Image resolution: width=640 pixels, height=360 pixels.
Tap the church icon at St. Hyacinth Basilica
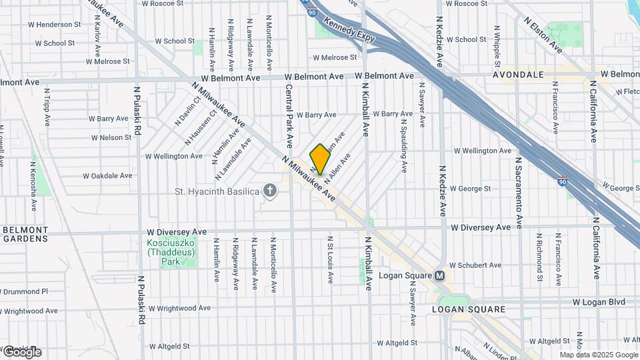click(x=271, y=192)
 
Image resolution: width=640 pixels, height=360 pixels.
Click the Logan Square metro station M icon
click(x=440, y=275)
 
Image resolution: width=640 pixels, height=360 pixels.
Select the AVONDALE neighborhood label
click(x=519, y=75)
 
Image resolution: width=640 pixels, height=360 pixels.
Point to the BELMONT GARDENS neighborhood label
click(x=25, y=233)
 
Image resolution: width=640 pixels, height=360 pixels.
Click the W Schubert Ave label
click(x=475, y=265)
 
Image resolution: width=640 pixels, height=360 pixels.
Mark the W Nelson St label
click(x=111, y=137)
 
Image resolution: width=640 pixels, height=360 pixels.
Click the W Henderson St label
click(x=55, y=25)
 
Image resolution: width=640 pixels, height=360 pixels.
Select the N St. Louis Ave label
click(x=329, y=259)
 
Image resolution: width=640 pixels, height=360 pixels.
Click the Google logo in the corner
click(x=21, y=352)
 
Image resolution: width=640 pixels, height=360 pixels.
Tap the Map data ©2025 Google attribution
click(x=598, y=355)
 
